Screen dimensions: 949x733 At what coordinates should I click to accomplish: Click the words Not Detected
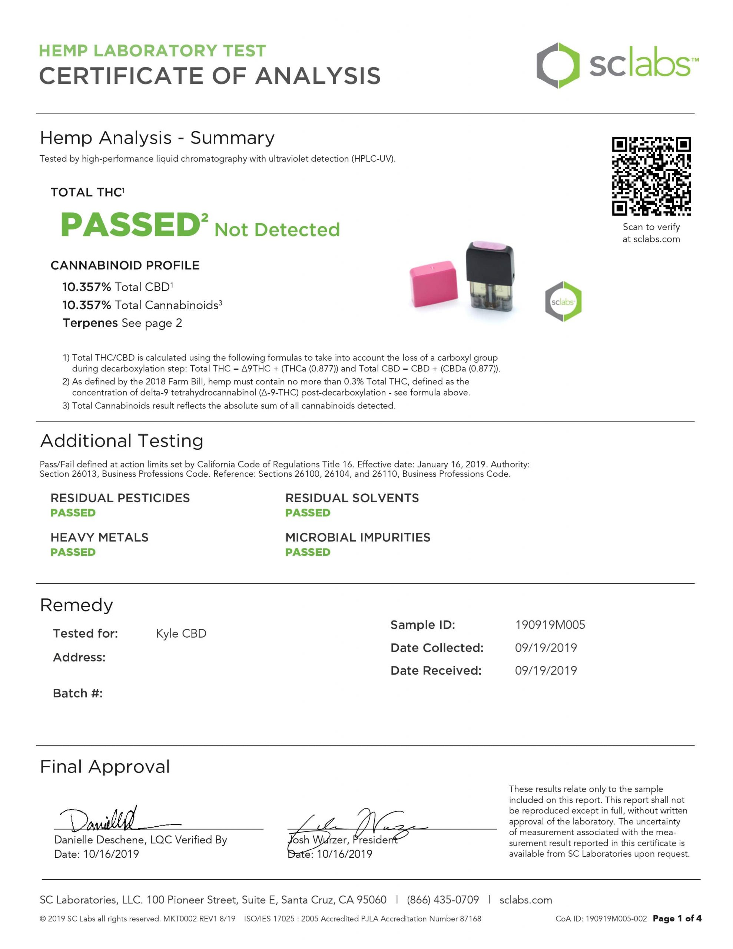coord(277,230)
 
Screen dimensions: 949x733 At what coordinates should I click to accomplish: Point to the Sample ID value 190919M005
coord(550,625)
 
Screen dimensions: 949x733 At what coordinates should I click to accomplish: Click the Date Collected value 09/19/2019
coord(546,648)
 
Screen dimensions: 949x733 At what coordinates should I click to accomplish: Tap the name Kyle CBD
coord(181,634)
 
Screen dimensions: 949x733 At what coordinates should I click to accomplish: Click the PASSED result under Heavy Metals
coord(73,552)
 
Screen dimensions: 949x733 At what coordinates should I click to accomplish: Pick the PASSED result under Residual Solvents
coord(308,513)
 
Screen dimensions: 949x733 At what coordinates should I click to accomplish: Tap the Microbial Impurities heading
coord(358,538)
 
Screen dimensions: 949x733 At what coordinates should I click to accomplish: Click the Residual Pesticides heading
coord(120,498)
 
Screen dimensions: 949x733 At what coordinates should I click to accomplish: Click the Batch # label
coord(78,693)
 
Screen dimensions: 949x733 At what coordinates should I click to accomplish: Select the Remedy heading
coord(76,605)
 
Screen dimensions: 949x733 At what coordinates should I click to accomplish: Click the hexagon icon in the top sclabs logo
coord(557,66)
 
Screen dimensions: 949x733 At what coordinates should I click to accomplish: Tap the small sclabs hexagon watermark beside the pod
coord(563,301)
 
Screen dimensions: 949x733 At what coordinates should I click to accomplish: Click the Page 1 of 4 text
coord(677,918)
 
